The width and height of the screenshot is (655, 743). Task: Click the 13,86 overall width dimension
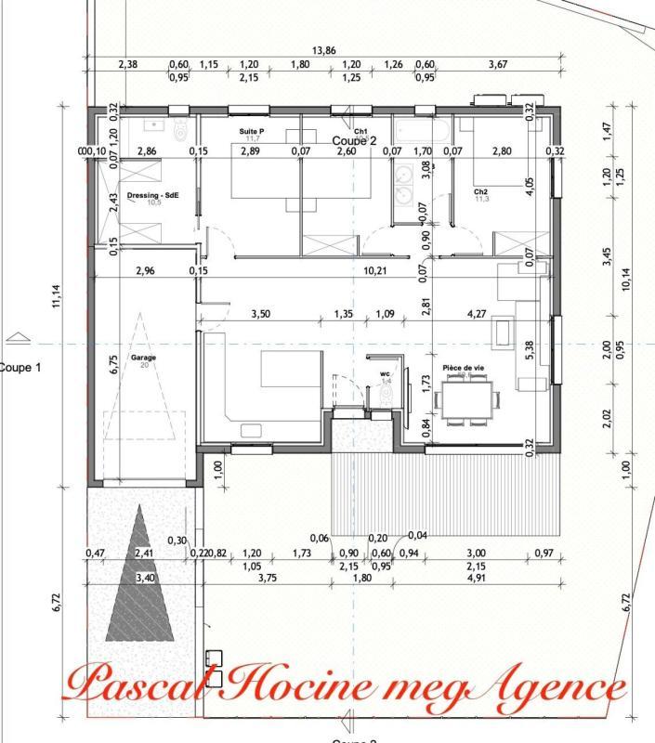(323, 51)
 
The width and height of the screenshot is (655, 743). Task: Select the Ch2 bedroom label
(481, 191)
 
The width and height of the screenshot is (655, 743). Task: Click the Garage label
(143, 357)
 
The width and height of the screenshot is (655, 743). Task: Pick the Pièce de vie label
(463, 368)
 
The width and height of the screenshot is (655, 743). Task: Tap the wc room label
(385, 373)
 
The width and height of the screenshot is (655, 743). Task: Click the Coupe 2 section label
(354, 141)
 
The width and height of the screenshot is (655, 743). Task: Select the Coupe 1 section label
(20, 367)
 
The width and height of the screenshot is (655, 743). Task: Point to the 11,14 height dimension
(57, 296)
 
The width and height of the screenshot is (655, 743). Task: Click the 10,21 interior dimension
(374, 270)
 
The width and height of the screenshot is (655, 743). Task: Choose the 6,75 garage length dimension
(112, 365)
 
